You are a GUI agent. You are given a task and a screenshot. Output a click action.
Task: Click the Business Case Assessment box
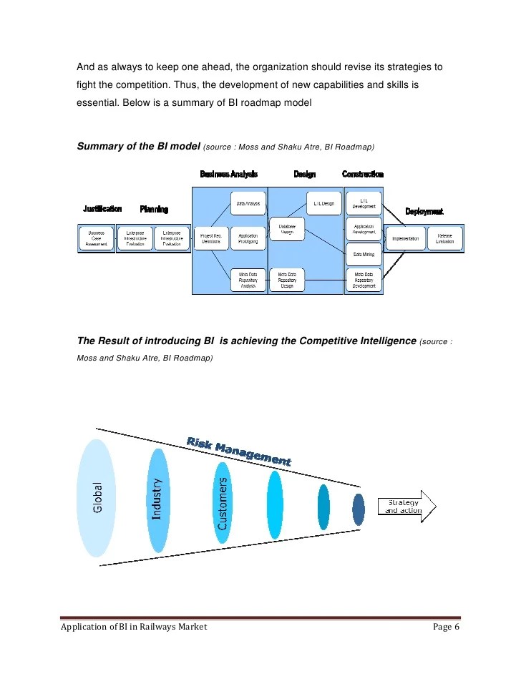click(x=96, y=238)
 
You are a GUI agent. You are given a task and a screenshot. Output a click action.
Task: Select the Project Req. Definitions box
click(x=210, y=238)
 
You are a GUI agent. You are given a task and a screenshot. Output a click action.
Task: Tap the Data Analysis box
click(x=248, y=204)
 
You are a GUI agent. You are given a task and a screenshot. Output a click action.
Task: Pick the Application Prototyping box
click(x=248, y=238)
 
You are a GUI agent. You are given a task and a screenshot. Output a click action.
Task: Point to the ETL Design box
click(x=324, y=204)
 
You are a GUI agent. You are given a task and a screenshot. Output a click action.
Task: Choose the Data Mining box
click(x=364, y=254)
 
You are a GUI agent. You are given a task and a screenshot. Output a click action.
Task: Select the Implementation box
click(x=406, y=238)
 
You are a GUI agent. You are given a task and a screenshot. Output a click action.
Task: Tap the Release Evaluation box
click(x=444, y=238)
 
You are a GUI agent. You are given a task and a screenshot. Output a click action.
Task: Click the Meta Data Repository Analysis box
click(x=248, y=279)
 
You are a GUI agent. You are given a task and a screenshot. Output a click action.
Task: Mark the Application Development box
click(x=364, y=230)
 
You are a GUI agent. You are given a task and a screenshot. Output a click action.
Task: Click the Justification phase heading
click(x=102, y=209)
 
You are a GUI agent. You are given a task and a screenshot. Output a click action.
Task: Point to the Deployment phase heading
click(x=424, y=211)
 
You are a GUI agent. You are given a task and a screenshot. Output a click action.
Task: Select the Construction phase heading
click(x=363, y=174)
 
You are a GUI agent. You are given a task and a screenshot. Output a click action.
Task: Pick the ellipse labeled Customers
click(x=223, y=501)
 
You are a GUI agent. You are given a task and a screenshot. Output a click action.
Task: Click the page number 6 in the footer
click(x=456, y=627)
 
